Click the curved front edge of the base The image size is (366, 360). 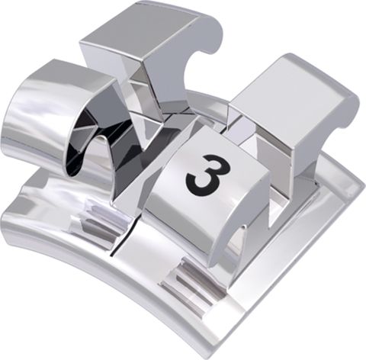91,282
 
